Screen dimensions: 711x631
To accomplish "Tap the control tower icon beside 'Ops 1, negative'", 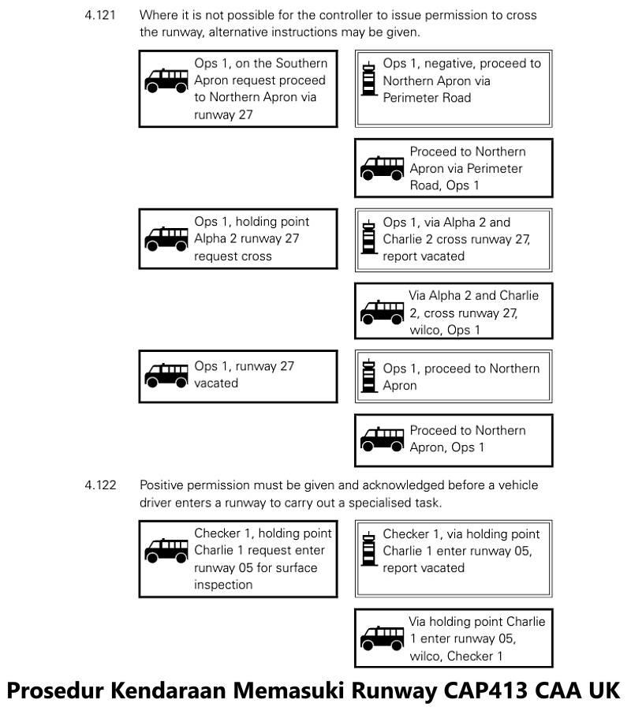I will click(367, 80).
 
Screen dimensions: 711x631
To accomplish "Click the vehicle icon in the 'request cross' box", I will click(166, 238).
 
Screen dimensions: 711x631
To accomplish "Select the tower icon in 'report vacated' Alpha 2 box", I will click(367, 238).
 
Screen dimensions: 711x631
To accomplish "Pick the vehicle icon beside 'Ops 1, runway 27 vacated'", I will click(166, 376).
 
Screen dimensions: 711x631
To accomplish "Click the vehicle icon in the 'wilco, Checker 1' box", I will click(382, 638).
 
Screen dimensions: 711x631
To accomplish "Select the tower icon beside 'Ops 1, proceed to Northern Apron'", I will click(367, 376).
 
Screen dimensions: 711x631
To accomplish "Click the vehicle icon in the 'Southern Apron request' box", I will click(166, 80).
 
